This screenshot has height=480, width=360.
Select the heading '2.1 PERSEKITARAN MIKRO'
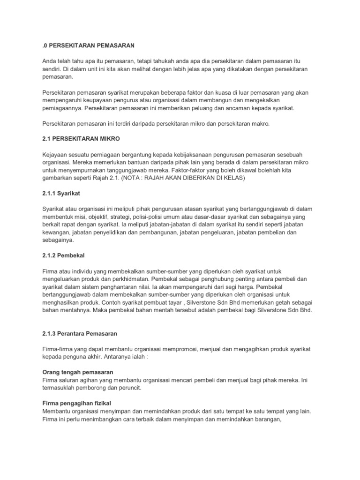point(78,139)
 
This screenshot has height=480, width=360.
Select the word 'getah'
point(279,301)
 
